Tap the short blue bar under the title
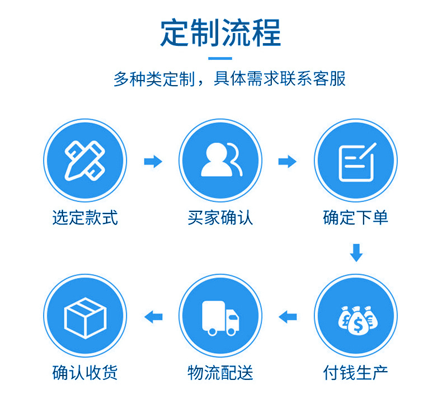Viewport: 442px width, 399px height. [x=220, y=58]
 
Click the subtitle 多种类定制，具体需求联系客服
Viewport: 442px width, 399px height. [x=229, y=79]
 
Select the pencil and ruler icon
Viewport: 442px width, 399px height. [x=85, y=161]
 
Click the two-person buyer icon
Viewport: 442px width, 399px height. [x=220, y=161]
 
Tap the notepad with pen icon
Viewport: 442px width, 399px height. [x=356, y=161]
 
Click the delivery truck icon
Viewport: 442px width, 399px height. [x=220, y=317]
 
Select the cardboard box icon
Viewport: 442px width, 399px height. [x=85, y=317]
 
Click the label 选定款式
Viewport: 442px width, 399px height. [x=85, y=218]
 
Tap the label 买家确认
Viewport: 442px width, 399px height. [x=220, y=218]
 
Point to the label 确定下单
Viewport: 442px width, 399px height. [x=356, y=218]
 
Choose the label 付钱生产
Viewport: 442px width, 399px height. [x=356, y=372]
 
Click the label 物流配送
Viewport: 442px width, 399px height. [x=220, y=372]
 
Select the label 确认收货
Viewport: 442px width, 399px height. [x=85, y=372]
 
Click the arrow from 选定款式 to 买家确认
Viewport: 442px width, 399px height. [x=153, y=162]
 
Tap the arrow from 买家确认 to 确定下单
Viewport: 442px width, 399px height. [x=288, y=162]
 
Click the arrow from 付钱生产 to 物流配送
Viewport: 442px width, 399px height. [x=288, y=317]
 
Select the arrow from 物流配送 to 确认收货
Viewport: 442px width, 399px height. [x=153, y=317]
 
